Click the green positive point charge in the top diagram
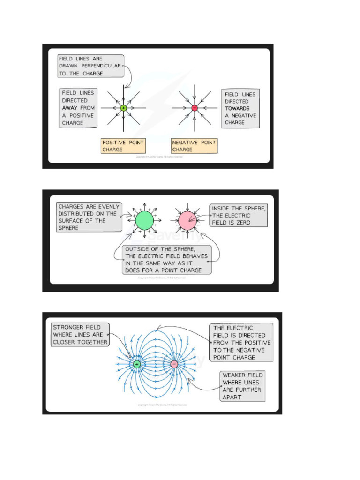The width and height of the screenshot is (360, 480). (x=124, y=108)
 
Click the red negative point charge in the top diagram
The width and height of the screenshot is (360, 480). (x=195, y=108)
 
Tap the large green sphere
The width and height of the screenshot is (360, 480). (x=144, y=220)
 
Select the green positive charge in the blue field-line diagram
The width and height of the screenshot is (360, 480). (x=137, y=364)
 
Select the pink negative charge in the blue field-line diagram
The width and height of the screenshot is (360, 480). (x=174, y=364)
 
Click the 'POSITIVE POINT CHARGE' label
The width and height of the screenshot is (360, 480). (x=124, y=146)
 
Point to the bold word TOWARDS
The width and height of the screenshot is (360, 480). (x=237, y=108)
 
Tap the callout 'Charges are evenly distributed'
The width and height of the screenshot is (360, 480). (x=89, y=217)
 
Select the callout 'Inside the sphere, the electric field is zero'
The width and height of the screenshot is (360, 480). (x=238, y=216)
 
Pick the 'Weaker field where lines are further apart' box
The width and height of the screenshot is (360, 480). (x=242, y=386)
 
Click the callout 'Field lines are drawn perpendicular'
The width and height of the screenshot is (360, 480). (x=90, y=66)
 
